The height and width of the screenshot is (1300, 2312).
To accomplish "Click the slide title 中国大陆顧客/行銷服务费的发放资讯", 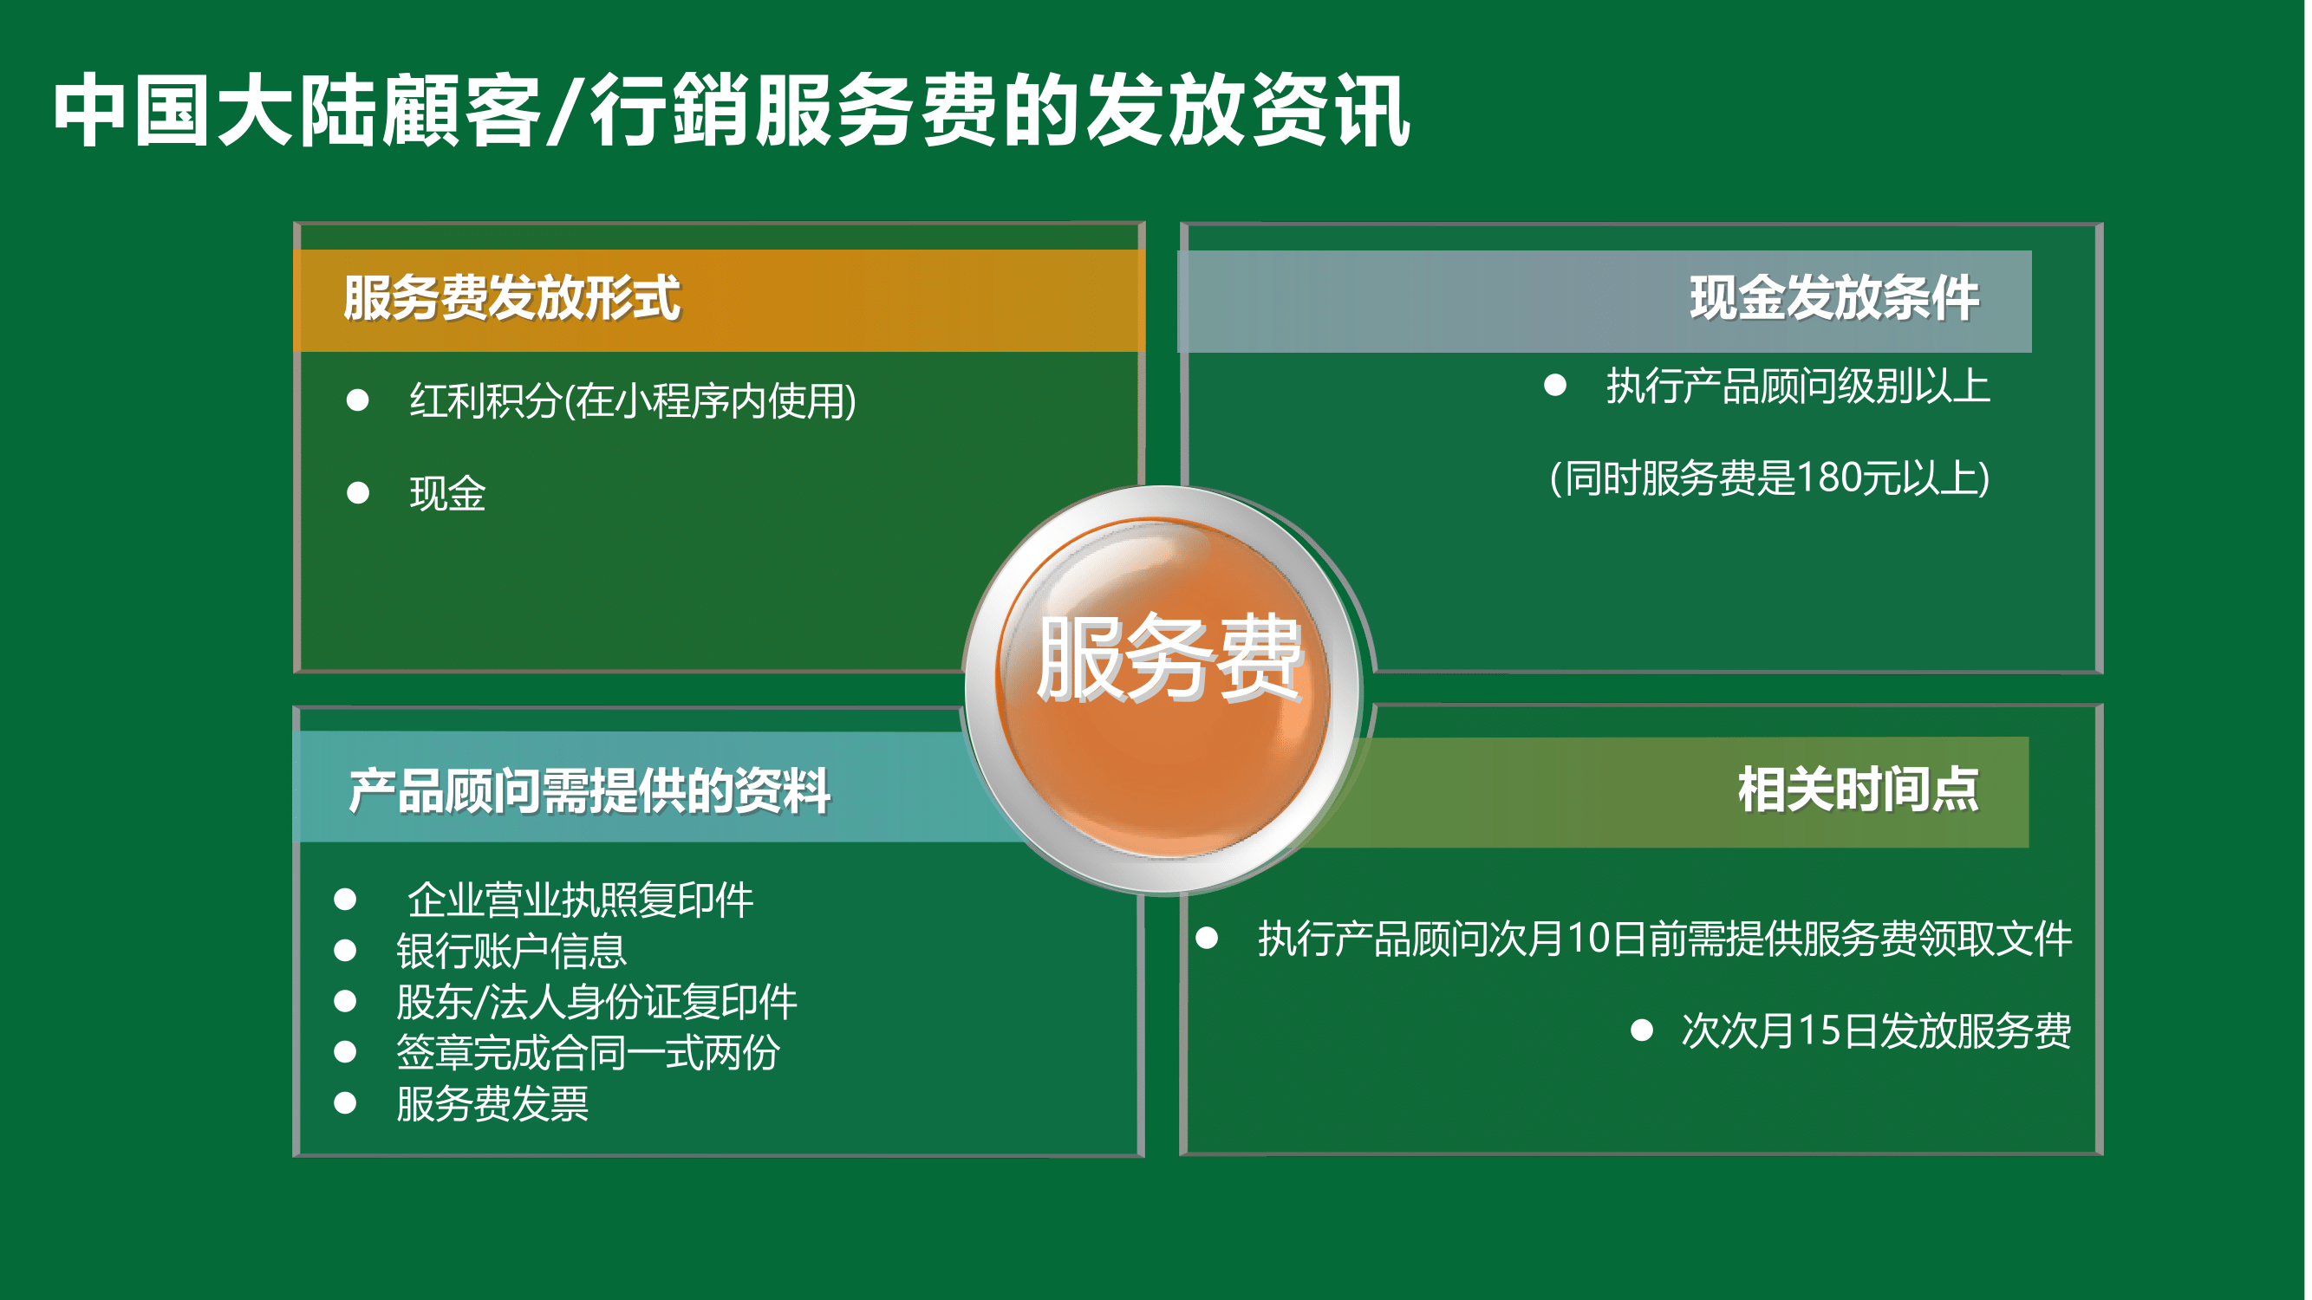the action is (x=732, y=110).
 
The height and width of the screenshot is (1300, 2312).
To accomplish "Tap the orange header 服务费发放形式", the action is (x=512, y=299).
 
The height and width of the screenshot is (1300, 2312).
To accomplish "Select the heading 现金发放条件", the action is (x=1834, y=299).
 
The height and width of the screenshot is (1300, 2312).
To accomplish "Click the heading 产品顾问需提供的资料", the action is (x=589, y=791).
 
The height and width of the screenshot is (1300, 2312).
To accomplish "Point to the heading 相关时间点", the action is (x=1859, y=790).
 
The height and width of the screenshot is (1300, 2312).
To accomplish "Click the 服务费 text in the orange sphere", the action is (x=1169, y=658).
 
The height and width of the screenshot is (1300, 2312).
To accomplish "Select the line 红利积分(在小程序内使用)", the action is (x=633, y=400).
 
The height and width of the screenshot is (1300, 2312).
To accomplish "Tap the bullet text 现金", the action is (x=448, y=493).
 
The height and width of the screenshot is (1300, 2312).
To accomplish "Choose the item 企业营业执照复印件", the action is (x=581, y=900).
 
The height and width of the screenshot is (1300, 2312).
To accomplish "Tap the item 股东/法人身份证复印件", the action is (x=596, y=1002).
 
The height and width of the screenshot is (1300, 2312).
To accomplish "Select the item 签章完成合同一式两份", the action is (x=589, y=1052).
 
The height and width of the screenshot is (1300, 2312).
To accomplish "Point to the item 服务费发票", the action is (x=492, y=1103).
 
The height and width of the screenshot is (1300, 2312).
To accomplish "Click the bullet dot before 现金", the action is (x=358, y=492).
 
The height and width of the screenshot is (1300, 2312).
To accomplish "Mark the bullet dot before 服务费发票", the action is (x=346, y=1102).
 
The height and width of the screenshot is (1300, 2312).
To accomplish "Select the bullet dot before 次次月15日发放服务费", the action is (x=1642, y=1030).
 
